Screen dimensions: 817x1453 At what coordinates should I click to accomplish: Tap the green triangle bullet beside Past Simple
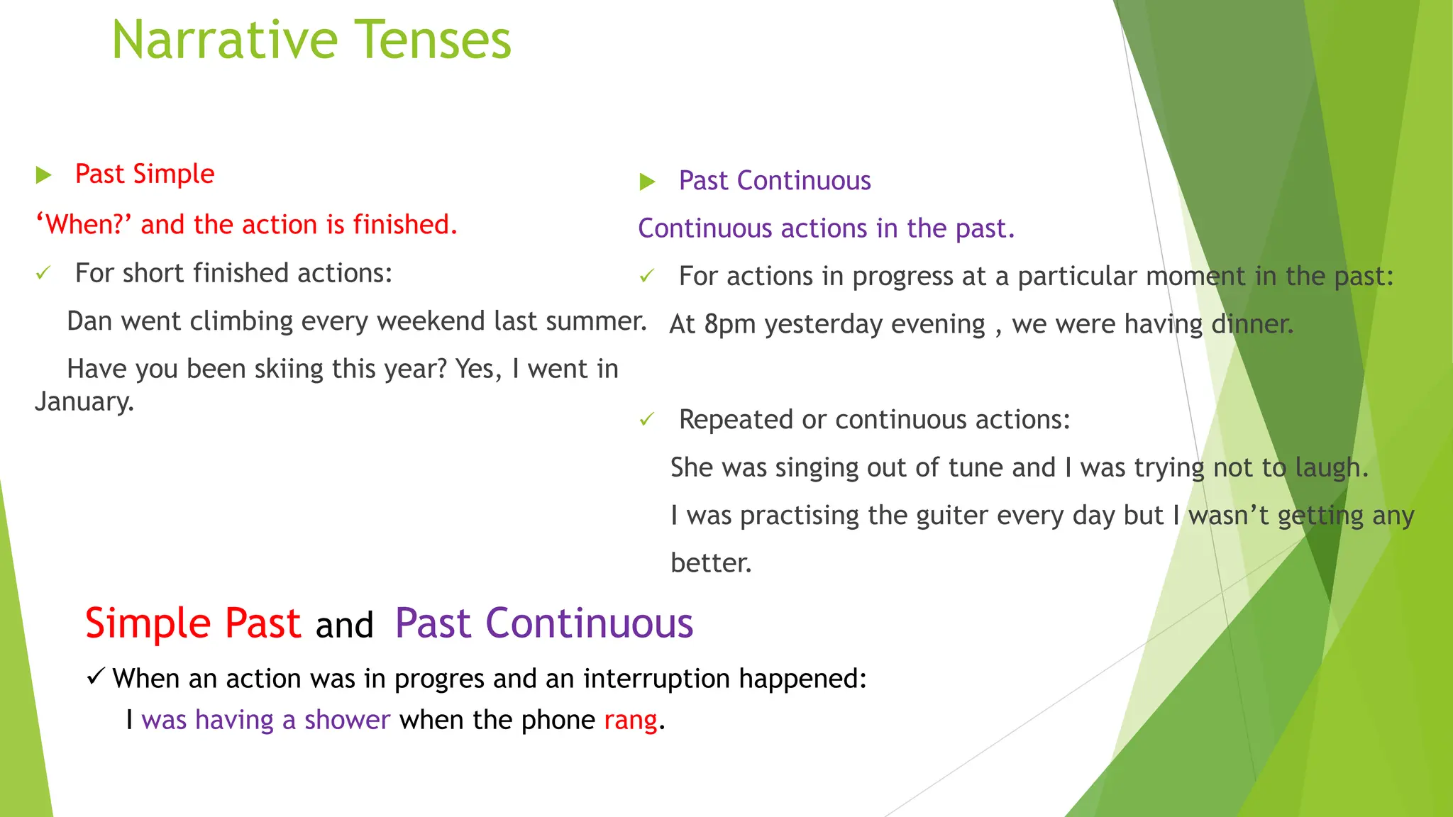click(44, 175)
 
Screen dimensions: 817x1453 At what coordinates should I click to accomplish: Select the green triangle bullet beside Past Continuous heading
click(647, 182)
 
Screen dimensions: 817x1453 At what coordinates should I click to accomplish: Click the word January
click(84, 402)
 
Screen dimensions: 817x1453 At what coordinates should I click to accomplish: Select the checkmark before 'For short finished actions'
click(43, 274)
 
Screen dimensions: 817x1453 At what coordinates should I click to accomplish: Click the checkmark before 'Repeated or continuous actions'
click(646, 420)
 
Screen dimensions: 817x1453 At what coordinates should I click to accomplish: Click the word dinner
click(1252, 324)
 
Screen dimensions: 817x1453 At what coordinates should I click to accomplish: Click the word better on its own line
click(710, 563)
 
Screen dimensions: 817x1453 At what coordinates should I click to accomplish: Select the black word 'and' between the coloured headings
click(344, 626)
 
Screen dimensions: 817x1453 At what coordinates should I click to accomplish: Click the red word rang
click(630, 721)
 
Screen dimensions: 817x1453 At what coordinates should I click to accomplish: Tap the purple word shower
click(347, 721)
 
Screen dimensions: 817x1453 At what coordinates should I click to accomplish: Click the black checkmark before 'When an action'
click(96, 677)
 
